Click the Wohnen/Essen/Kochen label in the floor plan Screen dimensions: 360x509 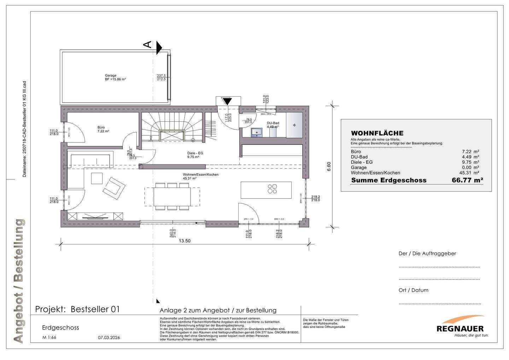[200, 175]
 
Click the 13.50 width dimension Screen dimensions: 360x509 [185, 241]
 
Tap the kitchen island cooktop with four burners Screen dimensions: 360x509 [272, 189]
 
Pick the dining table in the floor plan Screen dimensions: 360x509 [172, 196]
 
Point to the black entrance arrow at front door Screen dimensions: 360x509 [227, 101]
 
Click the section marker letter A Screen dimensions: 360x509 [147, 44]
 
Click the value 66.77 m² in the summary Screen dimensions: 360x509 [467, 180]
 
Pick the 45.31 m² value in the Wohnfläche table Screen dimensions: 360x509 [469, 173]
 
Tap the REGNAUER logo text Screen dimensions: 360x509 [460, 329]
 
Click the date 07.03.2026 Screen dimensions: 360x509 [109, 337]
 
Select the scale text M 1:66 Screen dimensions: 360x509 [49, 337]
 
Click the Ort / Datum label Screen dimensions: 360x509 [413, 290]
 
